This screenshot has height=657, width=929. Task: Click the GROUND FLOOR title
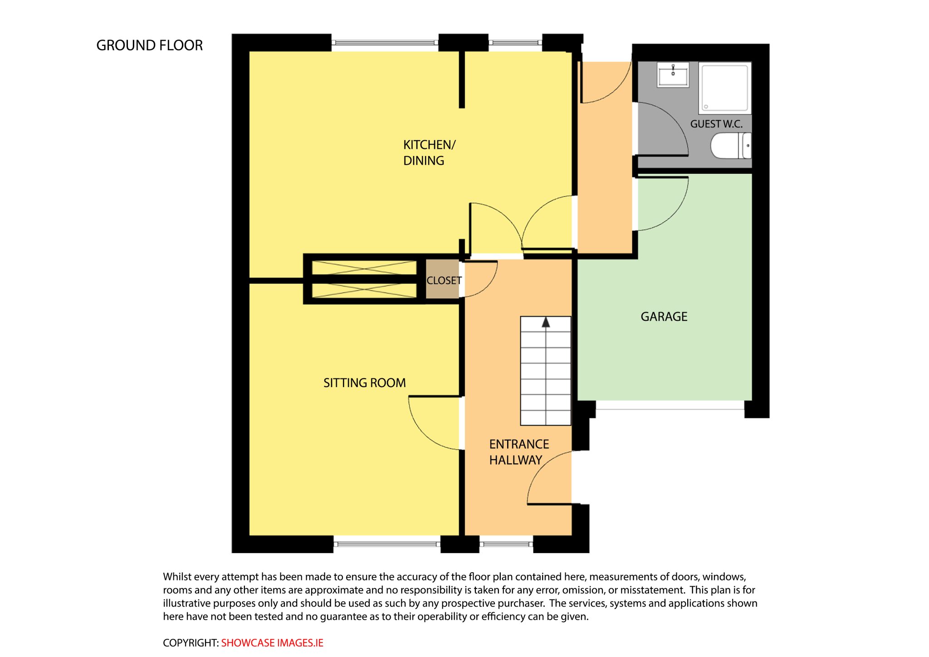[x=149, y=45]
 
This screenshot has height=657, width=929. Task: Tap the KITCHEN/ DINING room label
[x=429, y=152]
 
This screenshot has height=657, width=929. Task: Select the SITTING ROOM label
[x=364, y=383]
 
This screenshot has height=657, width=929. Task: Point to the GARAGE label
[x=664, y=317]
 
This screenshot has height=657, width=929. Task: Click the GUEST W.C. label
[x=716, y=124]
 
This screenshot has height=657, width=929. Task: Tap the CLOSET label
[x=444, y=280]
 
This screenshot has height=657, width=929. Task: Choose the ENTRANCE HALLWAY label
[x=519, y=452]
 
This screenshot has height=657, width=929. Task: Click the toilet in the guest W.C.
[x=731, y=146]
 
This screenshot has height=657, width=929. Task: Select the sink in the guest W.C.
[x=673, y=74]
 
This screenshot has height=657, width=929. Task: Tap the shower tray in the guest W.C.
[x=725, y=88]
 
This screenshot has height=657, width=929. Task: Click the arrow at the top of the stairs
[x=546, y=322]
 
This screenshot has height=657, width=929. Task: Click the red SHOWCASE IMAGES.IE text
[x=272, y=643]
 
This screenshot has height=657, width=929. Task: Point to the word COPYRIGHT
[x=191, y=643]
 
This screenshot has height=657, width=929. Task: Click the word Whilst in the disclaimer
[x=177, y=577]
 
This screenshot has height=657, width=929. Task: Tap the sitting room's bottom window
[x=387, y=544]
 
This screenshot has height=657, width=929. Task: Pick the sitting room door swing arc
[x=422, y=431]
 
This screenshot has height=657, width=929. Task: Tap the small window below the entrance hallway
[x=506, y=544]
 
